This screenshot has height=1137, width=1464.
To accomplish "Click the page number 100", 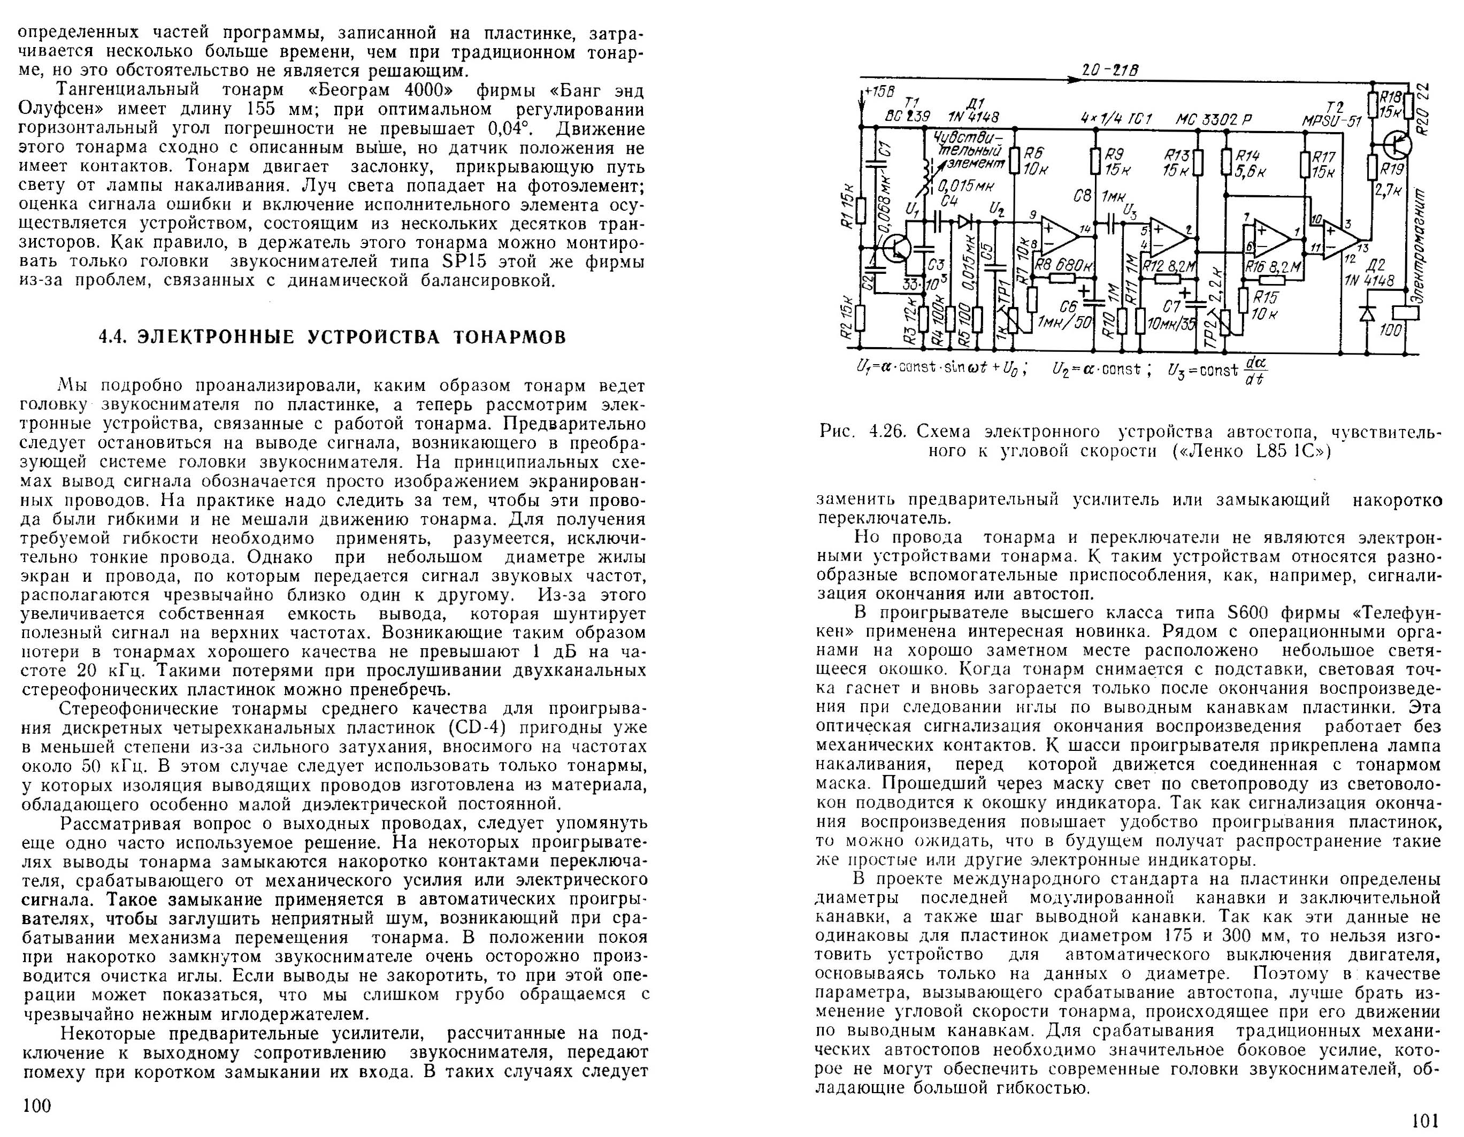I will pyautogui.click(x=37, y=1105).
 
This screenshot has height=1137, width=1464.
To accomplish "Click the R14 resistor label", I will pyautogui.click(x=1250, y=156).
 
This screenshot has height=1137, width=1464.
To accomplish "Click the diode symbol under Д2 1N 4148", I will pyautogui.click(x=1367, y=312).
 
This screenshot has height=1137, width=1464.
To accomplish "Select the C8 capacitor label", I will pyautogui.click(x=1082, y=196).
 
